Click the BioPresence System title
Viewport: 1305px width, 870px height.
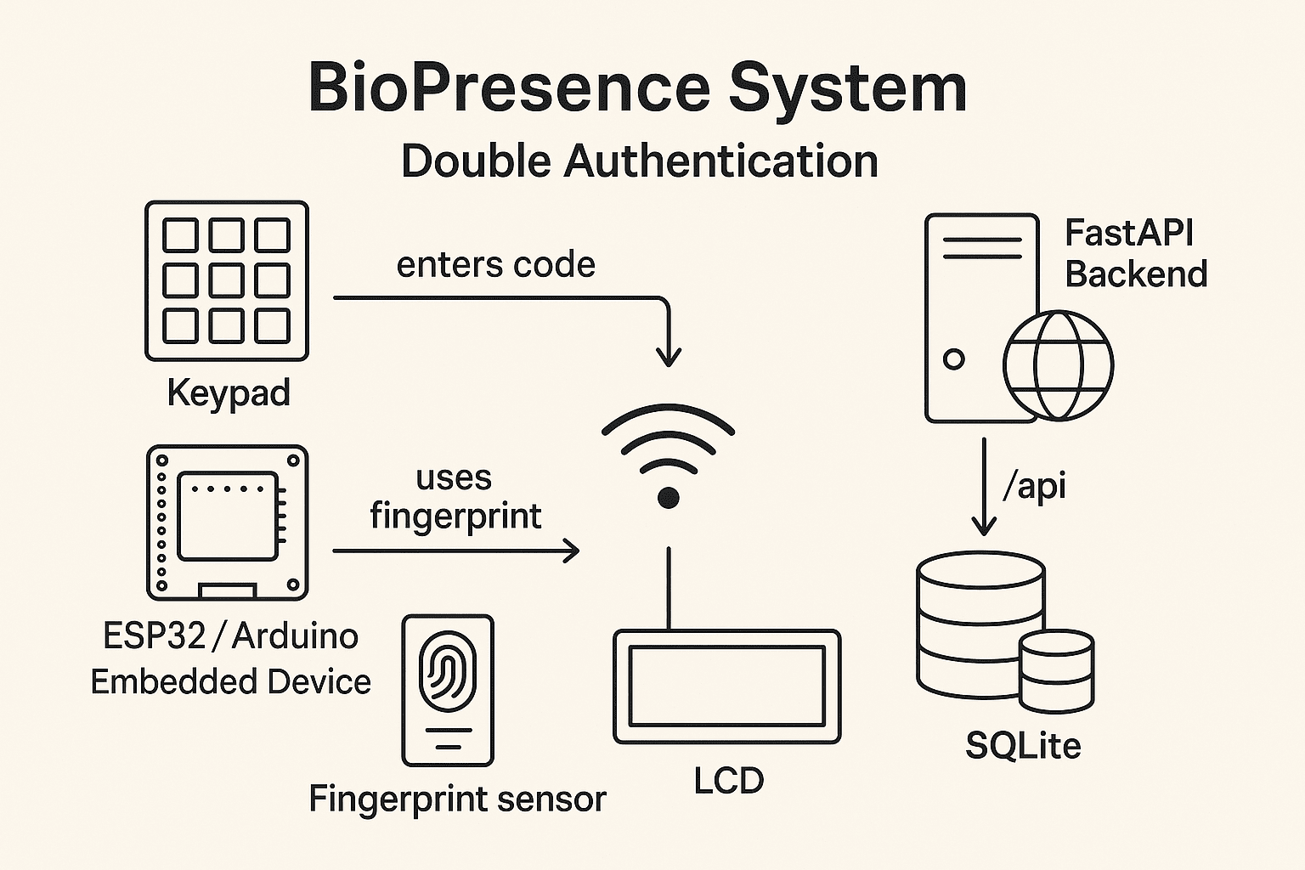tap(637, 88)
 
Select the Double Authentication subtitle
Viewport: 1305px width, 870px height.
tap(639, 161)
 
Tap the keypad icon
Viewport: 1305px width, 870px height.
tap(227, 280)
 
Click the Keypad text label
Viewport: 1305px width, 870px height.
tap(229, 393)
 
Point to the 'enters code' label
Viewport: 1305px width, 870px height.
tap(496, 265)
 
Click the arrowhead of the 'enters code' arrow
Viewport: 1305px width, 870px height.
tap(669, 357)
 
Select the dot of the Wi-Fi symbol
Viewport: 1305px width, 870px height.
tap(669, 498)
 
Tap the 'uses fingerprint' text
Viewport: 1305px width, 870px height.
tap(455, 497)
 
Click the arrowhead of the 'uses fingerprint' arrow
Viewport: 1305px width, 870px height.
tap(572, 551)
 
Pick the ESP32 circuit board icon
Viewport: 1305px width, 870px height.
tap(227, 523)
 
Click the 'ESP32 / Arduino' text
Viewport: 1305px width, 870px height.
tap(230, 636)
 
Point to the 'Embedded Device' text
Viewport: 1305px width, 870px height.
tap(230, 682)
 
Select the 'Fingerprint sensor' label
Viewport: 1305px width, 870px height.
tap(457, 799)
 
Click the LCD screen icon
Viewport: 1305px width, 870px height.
tap(727, 686)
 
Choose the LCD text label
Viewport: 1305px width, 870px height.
tap(729, 781)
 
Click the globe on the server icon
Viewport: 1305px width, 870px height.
tap(1058, 365)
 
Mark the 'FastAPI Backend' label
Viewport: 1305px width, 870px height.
tap(1135, 253)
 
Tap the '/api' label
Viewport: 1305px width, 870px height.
tap(1034, 486)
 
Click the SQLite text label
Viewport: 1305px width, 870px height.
tap(1023, 746)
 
